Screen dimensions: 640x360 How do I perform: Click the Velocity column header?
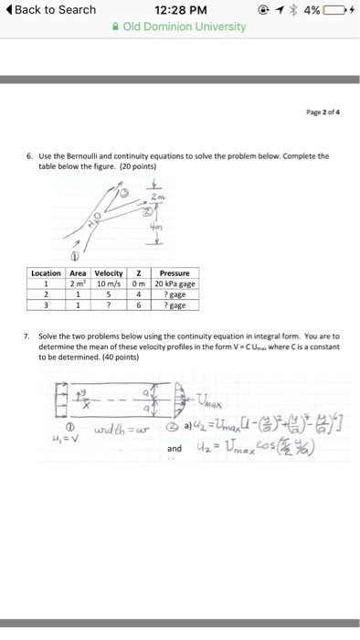tap(109, 272)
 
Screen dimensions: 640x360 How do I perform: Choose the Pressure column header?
tap(174, 272)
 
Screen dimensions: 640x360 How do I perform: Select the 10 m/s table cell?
tap(109, 283)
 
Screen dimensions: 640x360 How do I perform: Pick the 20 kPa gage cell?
tap(174, 283)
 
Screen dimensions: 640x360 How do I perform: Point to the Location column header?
tap(46, 272)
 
